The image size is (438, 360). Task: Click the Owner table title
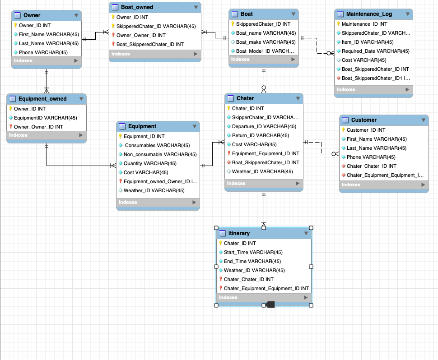[x=32, y=15]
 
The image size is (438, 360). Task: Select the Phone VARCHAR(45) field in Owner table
[x=43, y=52]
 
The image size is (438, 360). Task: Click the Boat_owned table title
[x=137, y=7]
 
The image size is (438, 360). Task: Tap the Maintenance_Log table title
[x=369, y=14]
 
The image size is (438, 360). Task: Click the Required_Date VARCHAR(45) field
[x=375, y=51]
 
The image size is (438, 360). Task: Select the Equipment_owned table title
[x=42, y=99]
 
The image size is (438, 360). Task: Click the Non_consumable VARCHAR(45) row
[x=160, y=154]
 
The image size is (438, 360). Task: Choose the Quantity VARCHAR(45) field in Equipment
[x=150, y=163]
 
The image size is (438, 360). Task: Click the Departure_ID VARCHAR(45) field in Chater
[x=264, y=126]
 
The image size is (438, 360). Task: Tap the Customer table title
[x=363, y=120]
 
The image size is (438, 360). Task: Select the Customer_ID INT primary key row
[x=366, y=130]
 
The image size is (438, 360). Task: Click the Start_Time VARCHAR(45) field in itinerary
[x=253, y=252]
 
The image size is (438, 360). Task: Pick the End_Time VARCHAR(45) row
[x=252, y=261]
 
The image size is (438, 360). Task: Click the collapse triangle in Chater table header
[x=298, y=98]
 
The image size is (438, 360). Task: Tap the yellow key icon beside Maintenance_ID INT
[x=338, y=24]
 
